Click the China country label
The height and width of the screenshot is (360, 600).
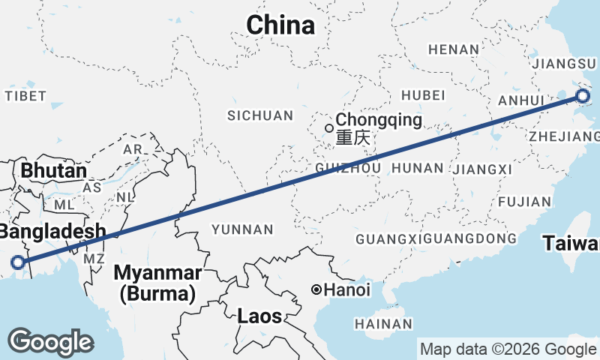point(281,25)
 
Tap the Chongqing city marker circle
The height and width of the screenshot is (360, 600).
point(329,127)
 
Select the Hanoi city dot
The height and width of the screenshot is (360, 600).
point(317,289)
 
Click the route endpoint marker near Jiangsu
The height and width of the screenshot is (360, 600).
point(583,95)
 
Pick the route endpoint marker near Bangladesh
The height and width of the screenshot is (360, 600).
point(18,262)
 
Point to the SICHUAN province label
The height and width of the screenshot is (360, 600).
point(260,115)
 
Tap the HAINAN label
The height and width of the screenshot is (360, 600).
point(383,324)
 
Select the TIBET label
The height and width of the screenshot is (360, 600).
point(25,96)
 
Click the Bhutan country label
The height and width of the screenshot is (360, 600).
point(54,170)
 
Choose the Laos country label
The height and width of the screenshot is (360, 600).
point(259,316)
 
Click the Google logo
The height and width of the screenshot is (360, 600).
point(50,342)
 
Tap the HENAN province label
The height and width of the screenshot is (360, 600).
point(453,49)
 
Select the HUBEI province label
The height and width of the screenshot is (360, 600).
point(424,95)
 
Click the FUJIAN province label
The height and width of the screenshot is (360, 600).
point(518,202)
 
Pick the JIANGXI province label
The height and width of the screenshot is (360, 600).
point(482,169)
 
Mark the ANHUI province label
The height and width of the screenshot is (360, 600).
point(520,100)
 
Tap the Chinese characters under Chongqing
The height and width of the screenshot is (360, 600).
point(352,139)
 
